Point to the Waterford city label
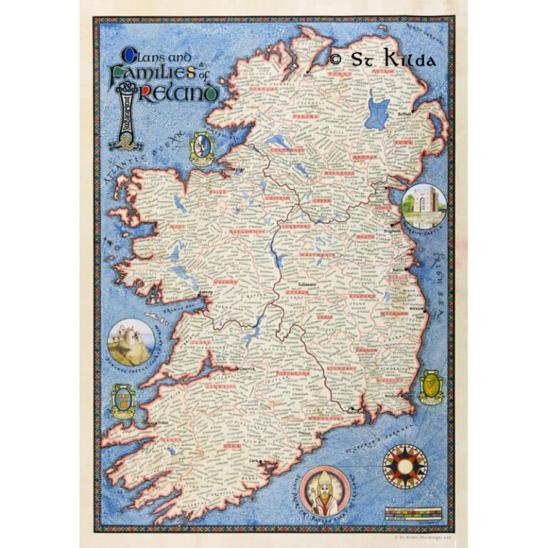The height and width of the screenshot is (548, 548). click(355, 411)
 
